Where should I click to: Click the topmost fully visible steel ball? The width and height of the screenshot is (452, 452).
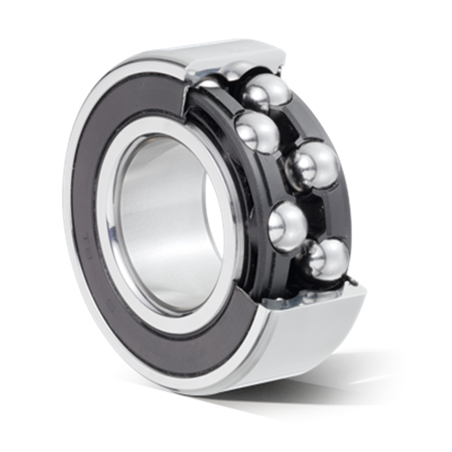tap(265, 94)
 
